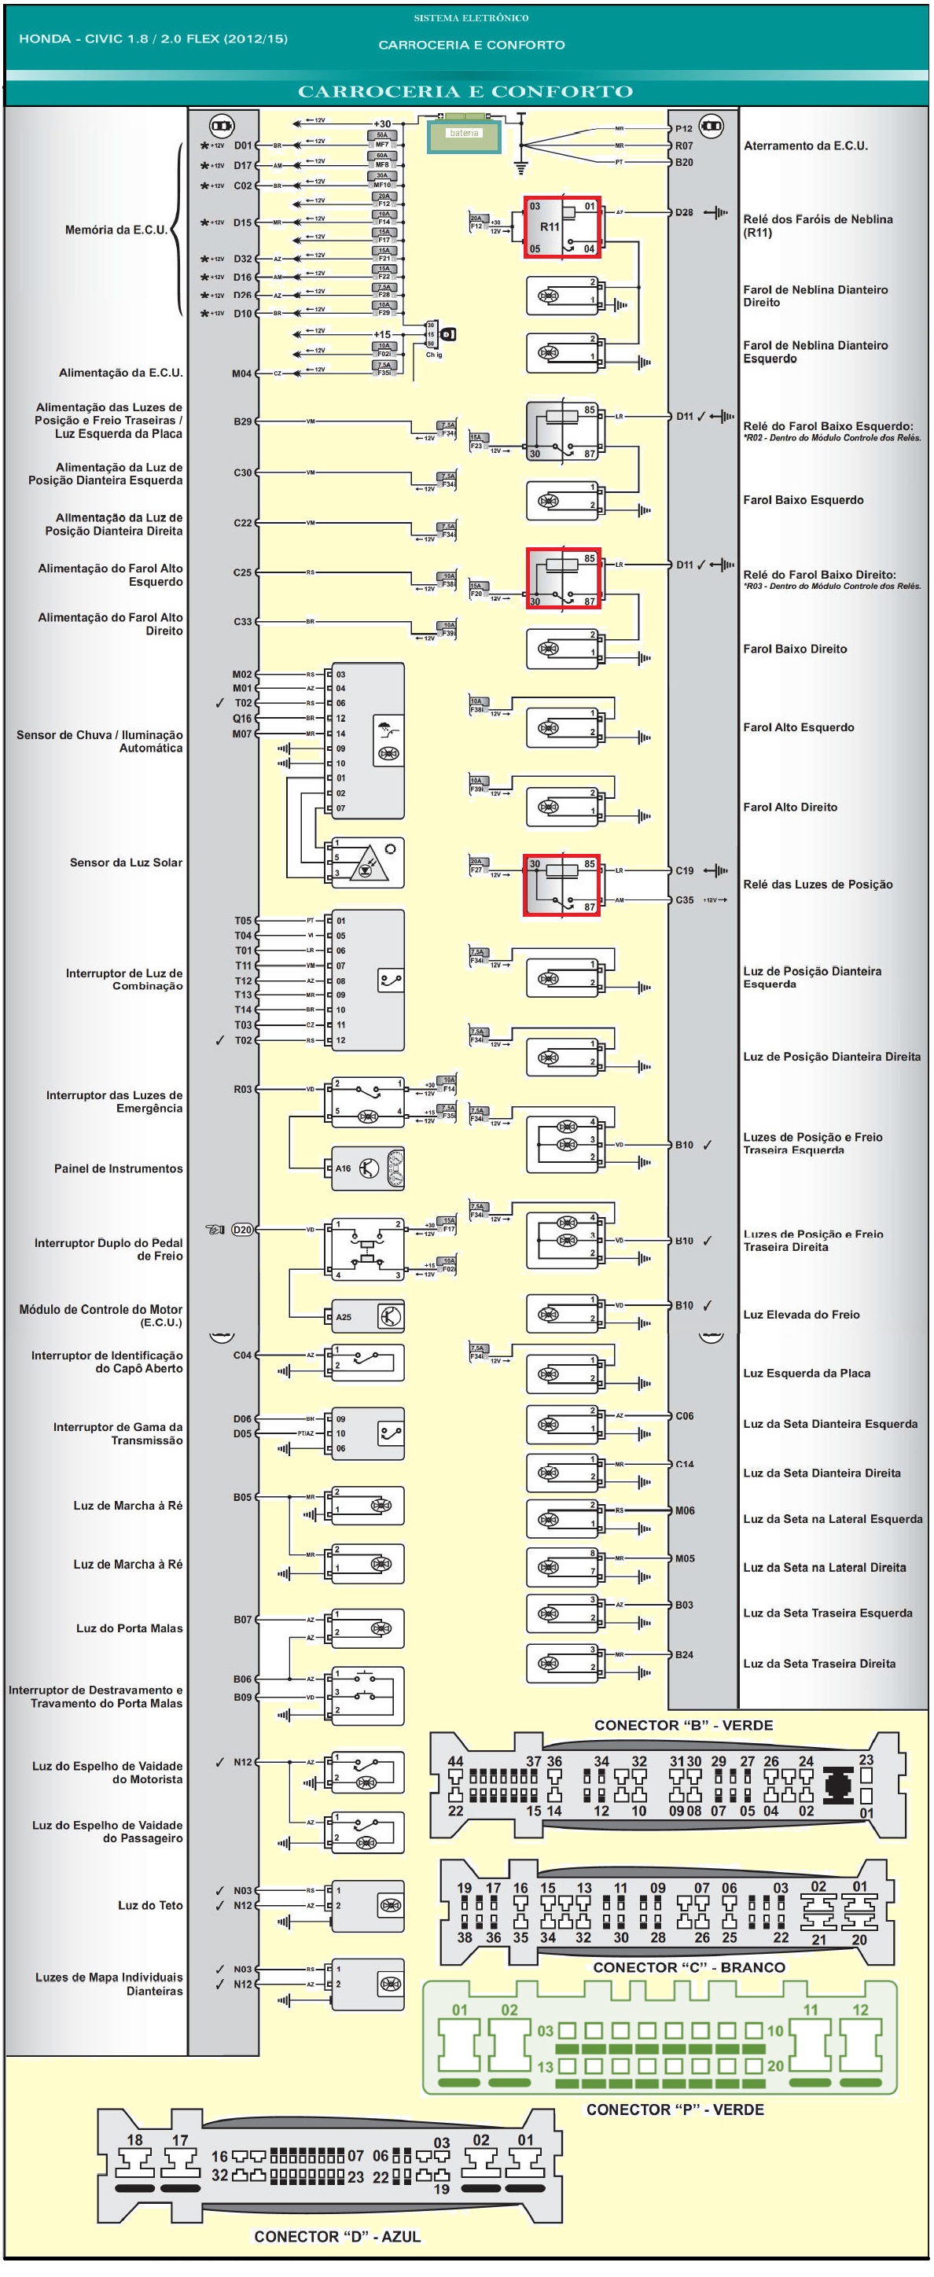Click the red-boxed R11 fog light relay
click(x=562, y=227)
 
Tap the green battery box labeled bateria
click(x=464, y=136)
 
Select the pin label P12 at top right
click(x=684, y=129)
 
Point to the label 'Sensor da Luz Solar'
click(x=127, y=863)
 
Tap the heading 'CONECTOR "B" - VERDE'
click(x=683, y=1725)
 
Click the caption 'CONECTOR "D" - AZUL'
click(x=336, y=2236)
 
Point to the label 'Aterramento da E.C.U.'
click(x=806, y=145)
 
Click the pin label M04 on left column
click(x=242, y=374)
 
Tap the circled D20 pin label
click(x=242, y=1230)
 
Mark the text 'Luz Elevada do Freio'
click(x=801, y=1315)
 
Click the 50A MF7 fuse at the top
click(x=382, y=140)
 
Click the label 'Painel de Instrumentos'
click(x=119, y=1168)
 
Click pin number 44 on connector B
click(x=455, y=1760)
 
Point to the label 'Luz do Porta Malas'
click(x=129, y=1628)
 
